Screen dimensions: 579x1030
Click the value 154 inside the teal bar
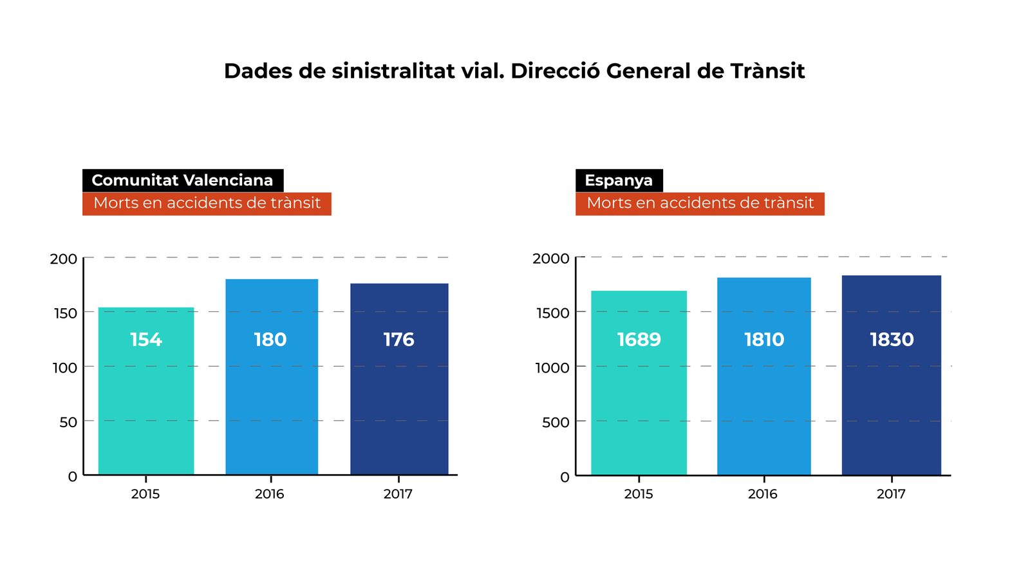(146, 340)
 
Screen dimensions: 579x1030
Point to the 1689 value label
(639, 340)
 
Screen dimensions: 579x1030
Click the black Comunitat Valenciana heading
(183, 180)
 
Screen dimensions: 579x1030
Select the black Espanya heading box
(619, 180)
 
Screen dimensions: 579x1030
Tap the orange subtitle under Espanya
(700, 203)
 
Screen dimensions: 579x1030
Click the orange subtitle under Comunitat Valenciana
(207, 203)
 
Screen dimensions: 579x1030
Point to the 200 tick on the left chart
(63, 259)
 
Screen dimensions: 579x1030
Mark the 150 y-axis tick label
(65, 314)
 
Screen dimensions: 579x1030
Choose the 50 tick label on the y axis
(68, 423)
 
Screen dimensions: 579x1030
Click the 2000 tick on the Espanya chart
(550, 259)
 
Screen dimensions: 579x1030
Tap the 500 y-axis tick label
(556, 423)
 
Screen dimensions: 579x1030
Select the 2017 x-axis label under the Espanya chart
(891, 494)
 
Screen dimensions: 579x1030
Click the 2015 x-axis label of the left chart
(145, 494)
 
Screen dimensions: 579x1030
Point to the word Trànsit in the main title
(767, 71)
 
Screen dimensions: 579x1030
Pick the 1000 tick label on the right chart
(552, 368)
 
